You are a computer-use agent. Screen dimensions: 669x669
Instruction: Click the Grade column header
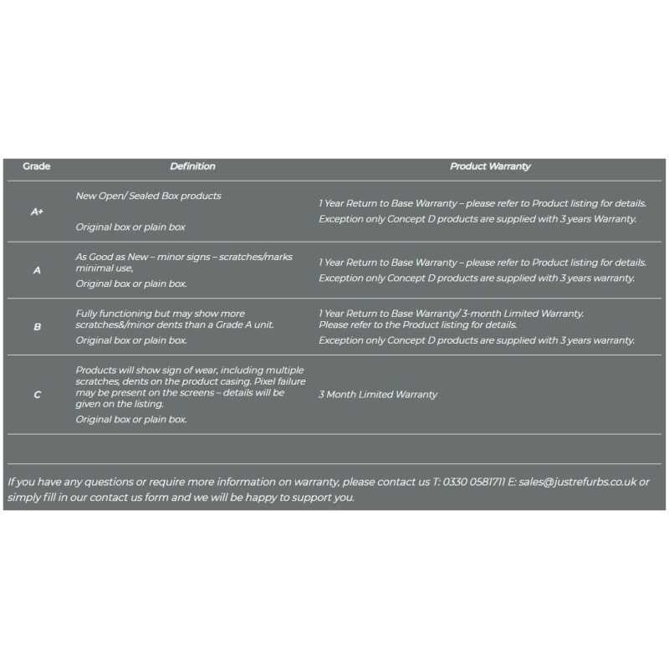coord(36,166)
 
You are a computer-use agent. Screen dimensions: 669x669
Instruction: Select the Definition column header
coord(192,166)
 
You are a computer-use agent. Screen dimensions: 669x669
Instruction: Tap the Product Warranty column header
coord(490,166)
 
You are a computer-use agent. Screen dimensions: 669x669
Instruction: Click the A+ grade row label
coord(37,212)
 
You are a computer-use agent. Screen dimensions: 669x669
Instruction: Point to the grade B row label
coord(37,327)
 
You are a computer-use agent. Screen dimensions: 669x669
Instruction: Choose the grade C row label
coord(37,395)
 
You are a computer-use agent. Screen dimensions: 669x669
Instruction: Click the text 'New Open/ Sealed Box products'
coord(149,196)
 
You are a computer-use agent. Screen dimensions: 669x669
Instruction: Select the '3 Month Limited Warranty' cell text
coord(377,395)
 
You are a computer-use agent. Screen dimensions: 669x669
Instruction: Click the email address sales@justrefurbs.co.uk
coord(578,482)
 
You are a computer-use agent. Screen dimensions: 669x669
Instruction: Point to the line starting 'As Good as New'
coord(184,257)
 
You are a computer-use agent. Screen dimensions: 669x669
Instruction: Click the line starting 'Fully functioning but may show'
coord(161,314)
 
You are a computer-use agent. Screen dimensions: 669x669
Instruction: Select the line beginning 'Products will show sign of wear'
coord(190,370)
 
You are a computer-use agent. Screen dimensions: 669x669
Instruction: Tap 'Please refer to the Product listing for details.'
coord(418,324)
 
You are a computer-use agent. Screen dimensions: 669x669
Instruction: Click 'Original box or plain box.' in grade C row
coord(131,420)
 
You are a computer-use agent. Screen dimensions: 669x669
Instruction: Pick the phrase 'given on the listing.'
coord(120,404)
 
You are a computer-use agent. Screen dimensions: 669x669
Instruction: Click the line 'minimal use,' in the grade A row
coord(105,268)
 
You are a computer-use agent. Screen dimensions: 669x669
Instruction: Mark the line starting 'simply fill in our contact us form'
coord(181,498)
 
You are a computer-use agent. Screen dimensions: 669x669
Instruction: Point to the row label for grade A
coord(37,270)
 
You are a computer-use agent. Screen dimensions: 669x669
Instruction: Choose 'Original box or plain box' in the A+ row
coord(130,227)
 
